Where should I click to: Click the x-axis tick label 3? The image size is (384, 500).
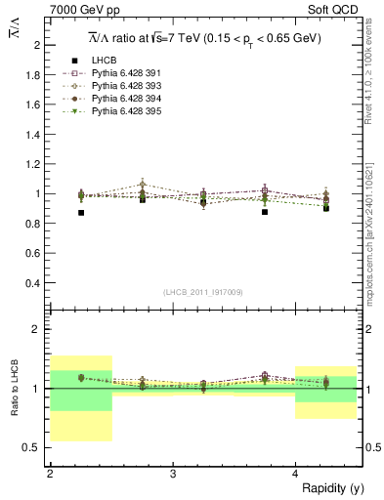173,474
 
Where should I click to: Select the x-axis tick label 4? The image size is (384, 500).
295,474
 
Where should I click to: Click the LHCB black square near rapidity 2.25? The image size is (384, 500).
81,212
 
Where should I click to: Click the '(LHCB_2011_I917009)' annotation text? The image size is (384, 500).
204,292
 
